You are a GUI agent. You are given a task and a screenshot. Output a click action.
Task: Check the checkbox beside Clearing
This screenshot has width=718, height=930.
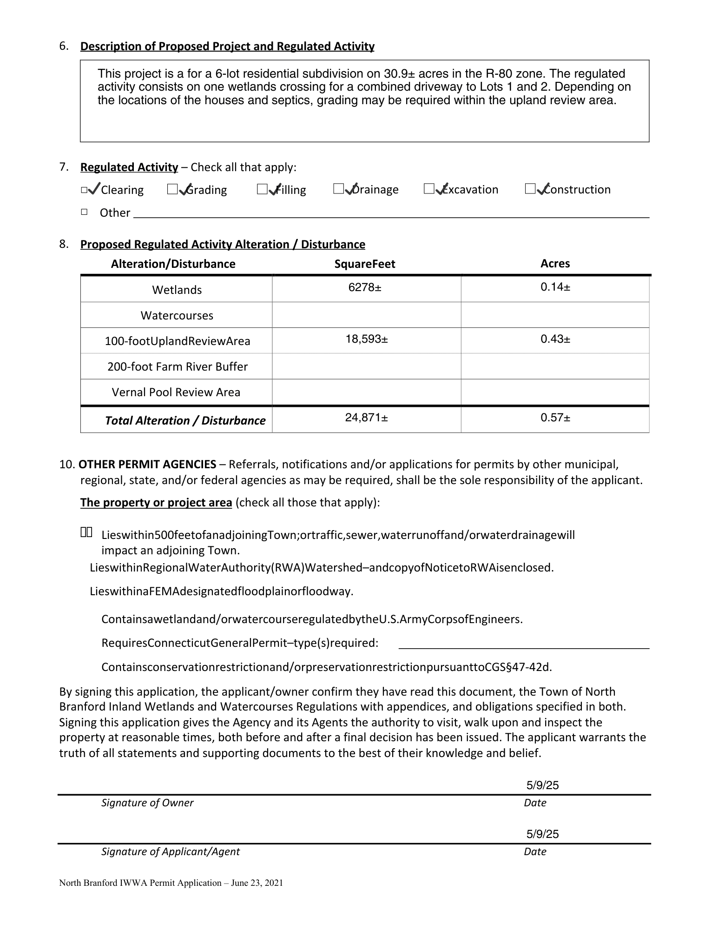pos(84,190)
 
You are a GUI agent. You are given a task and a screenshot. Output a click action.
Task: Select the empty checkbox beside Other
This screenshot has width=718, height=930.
pos(84,212)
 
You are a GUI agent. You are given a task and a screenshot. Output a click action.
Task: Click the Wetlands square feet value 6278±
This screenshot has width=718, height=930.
pos(365,287)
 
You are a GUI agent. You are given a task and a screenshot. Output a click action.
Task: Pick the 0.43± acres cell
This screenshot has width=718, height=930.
pos(555,339)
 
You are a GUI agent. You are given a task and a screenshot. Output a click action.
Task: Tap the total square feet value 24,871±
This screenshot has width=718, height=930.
pos(367,418)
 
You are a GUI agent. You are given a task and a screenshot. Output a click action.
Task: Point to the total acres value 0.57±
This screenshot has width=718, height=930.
pos(555,418)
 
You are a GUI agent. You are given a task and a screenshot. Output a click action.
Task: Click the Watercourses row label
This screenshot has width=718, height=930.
pos(177,315)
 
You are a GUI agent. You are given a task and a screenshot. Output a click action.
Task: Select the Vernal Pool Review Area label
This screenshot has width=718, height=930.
pos(176,392)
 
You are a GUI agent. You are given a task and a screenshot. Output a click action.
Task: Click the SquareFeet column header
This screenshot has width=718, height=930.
pos(365,264)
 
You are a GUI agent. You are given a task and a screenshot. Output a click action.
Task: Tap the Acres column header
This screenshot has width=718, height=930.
pos(555,264)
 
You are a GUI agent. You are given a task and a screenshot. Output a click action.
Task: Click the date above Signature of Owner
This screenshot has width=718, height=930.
pos(542,785)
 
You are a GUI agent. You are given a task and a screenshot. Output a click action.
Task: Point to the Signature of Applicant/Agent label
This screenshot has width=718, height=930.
pos(171,851)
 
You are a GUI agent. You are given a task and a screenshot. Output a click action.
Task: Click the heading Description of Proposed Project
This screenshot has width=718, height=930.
pos(227,46)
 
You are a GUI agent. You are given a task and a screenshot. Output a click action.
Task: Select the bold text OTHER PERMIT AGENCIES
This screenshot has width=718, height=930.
pos(147,464)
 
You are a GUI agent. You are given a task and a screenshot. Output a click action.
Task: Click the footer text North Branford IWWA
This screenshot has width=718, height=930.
pos(171,883)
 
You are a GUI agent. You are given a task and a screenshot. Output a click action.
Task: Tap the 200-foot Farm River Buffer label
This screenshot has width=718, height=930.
pos(178,366)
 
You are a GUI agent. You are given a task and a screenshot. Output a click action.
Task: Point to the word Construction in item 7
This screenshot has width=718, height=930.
pos(577,189)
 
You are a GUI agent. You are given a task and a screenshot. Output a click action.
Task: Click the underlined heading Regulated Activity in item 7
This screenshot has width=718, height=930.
pos(129,167)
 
